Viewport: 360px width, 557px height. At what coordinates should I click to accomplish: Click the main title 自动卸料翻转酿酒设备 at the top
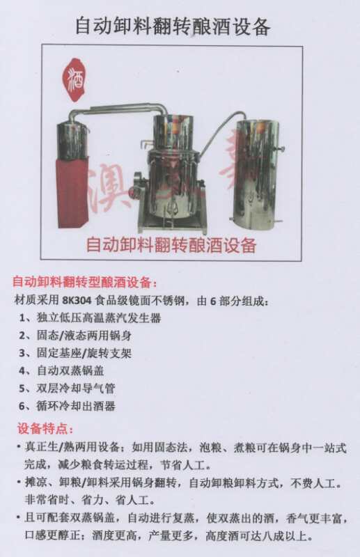click(x=173, y=26)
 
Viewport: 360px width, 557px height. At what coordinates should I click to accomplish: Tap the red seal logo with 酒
click(x=74, y=79)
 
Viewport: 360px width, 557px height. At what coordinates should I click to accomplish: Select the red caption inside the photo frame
click(x=171, y=245)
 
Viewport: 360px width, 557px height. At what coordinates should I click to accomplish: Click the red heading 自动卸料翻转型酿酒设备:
click(x=84, y=283)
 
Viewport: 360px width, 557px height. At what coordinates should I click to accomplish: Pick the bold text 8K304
click(x=77, y=301)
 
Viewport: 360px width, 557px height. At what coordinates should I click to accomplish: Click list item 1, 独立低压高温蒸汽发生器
click(x=90, y=317)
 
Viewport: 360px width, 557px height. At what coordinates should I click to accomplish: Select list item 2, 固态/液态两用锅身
click(x=75, y=335)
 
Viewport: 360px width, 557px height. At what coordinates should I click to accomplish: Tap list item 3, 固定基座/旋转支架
click(x=75, y=353)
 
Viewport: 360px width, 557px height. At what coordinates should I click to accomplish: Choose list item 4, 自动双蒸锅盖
click(x=61, y=370)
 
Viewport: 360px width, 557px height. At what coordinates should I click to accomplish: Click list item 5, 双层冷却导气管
click(x=67, y=389)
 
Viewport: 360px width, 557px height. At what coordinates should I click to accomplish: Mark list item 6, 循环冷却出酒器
click(x=67, y=406)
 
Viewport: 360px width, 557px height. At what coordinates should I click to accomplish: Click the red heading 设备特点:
click(x=45, y=429)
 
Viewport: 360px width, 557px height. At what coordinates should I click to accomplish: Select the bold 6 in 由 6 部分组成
click(x=213, y=301)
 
